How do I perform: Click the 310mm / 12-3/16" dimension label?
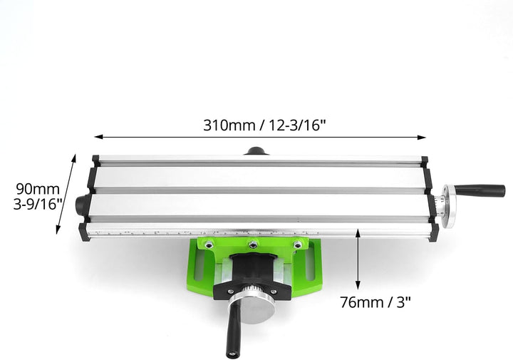coord(264,125)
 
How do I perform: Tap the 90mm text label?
coord(38,189)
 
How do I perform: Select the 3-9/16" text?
coord(38,204)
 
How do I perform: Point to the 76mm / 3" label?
coord(375,302)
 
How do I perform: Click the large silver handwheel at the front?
coord(252,309)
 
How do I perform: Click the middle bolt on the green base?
coord(252,245)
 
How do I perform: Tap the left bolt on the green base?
coord(207,245)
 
